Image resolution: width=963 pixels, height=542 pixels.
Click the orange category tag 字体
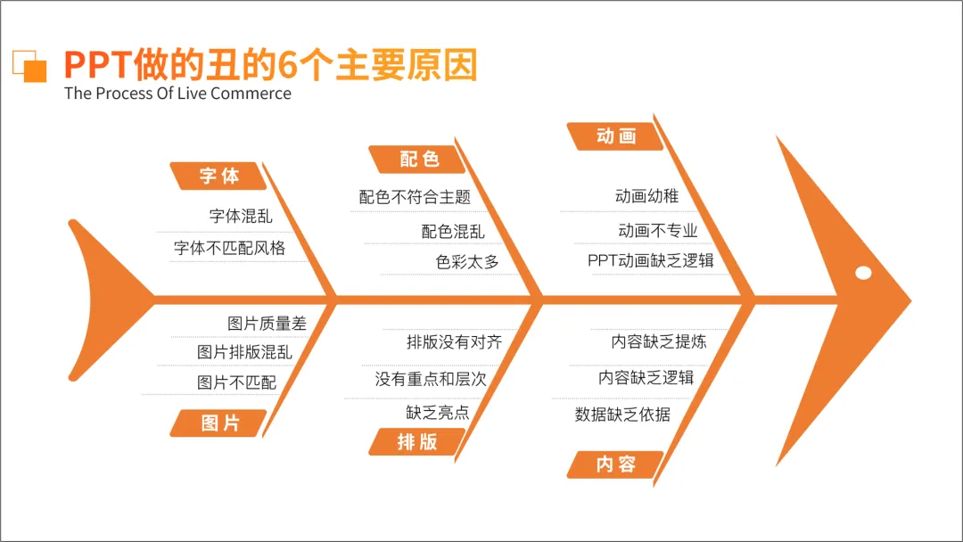coord(218,177)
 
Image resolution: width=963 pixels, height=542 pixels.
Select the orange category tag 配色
coord(417,160)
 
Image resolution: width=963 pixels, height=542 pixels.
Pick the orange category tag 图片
coord(218,423)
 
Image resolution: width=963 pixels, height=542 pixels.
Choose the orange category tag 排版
coord(417,441)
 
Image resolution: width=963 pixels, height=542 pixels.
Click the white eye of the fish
coord(863,273)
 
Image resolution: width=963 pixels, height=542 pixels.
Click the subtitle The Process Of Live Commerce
coord(177,94)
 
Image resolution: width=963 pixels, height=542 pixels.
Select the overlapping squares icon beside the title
coord(29,66)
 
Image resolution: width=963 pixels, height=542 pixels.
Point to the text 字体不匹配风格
coord(230,248)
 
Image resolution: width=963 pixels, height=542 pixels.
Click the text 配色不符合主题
coord(416,197)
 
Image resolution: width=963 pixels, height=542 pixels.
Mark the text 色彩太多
coord(467,262)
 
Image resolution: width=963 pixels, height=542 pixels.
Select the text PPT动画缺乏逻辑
coord(650,260)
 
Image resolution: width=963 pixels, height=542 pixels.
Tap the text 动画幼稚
coord(646,196)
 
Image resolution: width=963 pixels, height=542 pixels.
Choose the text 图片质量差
coord(267,324)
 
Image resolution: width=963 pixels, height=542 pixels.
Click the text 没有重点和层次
coord(431,379)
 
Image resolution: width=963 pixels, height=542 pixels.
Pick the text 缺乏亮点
coord(438,413)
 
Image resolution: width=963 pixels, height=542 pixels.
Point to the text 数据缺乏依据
coord(622,415)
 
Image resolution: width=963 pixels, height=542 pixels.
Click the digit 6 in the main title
coord(287,65)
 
